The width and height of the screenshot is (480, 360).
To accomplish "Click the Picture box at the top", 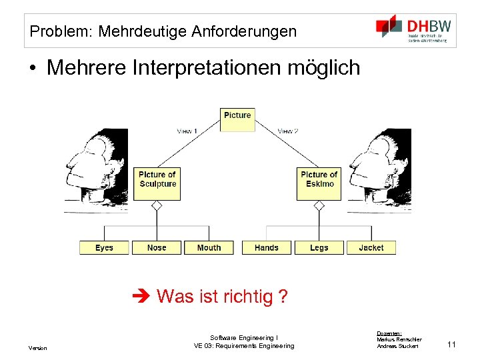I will click(237, 115).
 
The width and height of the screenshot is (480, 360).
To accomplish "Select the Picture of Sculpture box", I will click(158, 180).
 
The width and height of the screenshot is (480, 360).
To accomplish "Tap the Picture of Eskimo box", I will click(319, 180).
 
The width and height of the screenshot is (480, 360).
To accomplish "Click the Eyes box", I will click(104, 247).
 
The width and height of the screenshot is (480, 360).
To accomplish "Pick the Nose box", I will click(157, 247).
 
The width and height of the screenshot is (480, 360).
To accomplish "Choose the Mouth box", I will click(209, 247).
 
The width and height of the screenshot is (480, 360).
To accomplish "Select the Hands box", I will click(267, 247).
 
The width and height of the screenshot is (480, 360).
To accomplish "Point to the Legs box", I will click(319, 247).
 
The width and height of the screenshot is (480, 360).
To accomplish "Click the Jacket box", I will click(371, 247).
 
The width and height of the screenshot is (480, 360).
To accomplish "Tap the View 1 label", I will click(187, 131).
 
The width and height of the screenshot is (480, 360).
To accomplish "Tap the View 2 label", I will click(288, 131).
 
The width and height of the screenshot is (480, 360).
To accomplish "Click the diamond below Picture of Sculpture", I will click(157, 207).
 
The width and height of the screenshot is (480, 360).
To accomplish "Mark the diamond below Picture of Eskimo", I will click(319, 207).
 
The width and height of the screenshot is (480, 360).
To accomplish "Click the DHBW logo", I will click(413, 29).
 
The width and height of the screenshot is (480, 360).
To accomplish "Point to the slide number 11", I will click(451, 344).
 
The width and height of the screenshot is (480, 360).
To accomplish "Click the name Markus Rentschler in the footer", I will click(399, 340).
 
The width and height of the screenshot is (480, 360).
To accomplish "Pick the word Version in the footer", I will click(37, 348).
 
